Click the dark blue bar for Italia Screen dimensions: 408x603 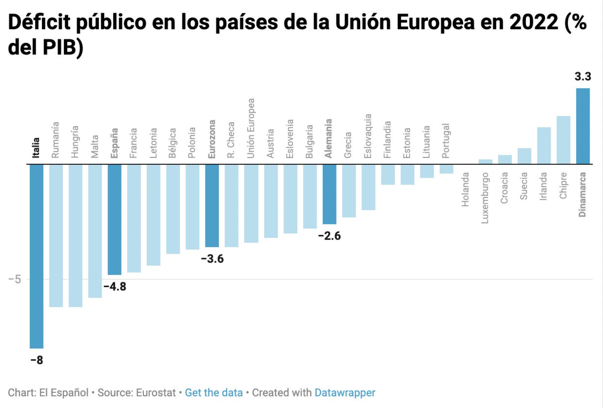pyautogui.click(x=36, y=256)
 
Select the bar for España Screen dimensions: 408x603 pyautogui.click(x=115, y=219)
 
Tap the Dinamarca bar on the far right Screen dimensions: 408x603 pyautogui.click(x=583, y=126)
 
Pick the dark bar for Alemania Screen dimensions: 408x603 pyautogui.click(x=329, y=194)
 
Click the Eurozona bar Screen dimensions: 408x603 pyautogui.click(x=212, y=205)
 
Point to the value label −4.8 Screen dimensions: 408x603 pyautogui.click(x=115, y=286)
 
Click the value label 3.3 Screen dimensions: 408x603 pyautogui.click(x=582, y=76)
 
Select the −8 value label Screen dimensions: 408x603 pyautogui.click(x=37, y=360)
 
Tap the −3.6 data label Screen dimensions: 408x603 pyautogui.click(x=212, y=259)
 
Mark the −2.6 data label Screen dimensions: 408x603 pyautogui.click(x=329, y=236)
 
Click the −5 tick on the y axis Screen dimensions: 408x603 pyautogui.click(x=15, y=279)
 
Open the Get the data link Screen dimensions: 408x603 pyautogui.click(x=213, y=392)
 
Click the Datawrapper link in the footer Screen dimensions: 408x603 pyautogui.click(x=345, y=392)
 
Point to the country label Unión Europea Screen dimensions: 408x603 pyautogui.click(x=251, y=128)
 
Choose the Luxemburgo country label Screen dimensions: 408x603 pyautogui.click(x=485, y=198)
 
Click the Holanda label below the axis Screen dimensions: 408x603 pyautogui.click(x=465, y=190)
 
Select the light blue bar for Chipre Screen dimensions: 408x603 pyautogui.click(x=563, y=140)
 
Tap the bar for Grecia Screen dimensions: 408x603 pyautogui.click(x=349, y=191)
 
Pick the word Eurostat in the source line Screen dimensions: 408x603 pyautogui.click(x=156, y=392)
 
